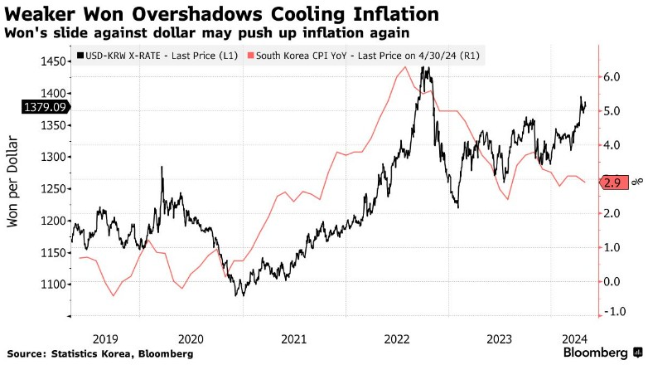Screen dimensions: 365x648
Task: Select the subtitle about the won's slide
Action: coord(206,32)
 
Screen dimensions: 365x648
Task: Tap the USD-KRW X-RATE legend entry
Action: coord(154,56)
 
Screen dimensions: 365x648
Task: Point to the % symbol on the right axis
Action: coord(639,180)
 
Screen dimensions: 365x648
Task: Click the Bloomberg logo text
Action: coord(595,352)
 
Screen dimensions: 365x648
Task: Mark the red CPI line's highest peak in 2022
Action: coord(404,66)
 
